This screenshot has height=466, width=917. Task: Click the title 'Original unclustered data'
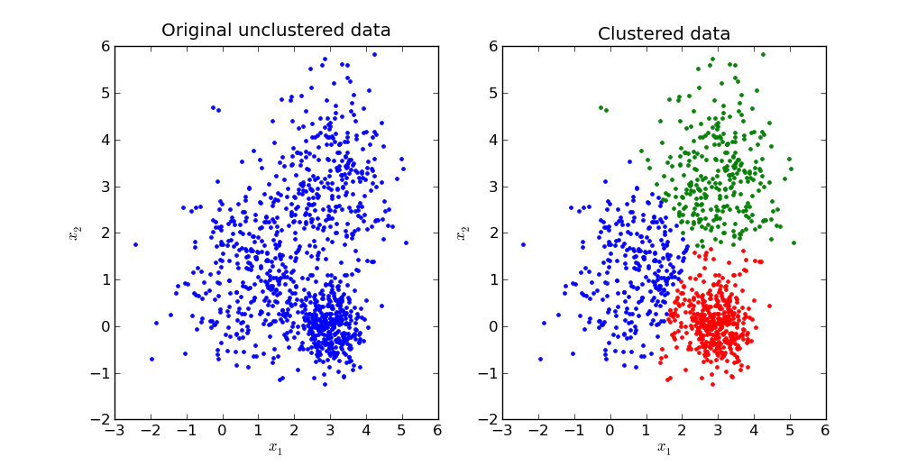click(x=276, y=31)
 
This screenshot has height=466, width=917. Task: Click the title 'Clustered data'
click(x=664, y=34)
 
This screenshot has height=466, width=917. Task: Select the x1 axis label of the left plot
click(x=276, y=448)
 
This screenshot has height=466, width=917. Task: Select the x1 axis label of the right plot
click(x=664, y=448)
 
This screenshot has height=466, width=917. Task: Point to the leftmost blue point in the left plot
click(x=135, y=244)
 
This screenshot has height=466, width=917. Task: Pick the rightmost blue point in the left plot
click(x=406, y=242)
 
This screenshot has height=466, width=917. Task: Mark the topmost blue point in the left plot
click(x=374, y=54)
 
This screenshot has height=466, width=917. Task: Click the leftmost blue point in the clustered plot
click(x=523, y=244)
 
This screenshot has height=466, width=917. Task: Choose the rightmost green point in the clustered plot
click(x=793, y=242)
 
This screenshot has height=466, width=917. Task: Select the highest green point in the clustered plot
click(x=762, y=54)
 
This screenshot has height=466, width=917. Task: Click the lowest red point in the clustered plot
click(x=711, y=384)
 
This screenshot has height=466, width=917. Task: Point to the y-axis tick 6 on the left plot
click(x=105, y=46)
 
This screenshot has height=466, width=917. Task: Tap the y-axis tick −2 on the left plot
click(x=100, y=420)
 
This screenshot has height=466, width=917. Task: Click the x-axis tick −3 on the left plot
click(x=115, y=431)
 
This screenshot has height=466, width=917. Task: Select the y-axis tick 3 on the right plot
click(x=492, y=186)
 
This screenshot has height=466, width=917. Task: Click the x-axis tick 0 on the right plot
click(x=610, y=431)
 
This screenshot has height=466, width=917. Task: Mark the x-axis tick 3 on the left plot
click(x=330, y=431)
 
